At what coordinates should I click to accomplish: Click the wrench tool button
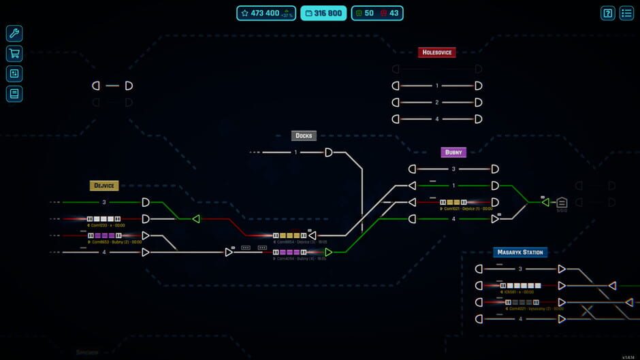tap(14, 33)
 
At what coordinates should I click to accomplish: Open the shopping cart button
tap(14, 54)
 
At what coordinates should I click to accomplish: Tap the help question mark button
tap(607, 13)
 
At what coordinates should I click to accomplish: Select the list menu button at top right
tap(626, 13)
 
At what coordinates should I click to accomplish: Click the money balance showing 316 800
tap(323, 13)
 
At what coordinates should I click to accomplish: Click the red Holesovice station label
tap(436, 52)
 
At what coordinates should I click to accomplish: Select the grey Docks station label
tap(304, 135)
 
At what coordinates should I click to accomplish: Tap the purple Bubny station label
tap(453, 152)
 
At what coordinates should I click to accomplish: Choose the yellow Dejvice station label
tap(104, 186)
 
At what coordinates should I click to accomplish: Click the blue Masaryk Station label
tap(520, 252)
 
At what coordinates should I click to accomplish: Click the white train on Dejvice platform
tap(103, 219)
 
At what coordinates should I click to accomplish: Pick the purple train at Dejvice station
tap(103, 235)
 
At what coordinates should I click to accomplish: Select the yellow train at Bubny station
tap(453, 202)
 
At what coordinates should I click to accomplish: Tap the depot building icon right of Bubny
tap(562, 202)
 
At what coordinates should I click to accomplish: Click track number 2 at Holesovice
tap(437, 103)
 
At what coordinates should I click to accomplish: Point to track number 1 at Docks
tap(296, 152)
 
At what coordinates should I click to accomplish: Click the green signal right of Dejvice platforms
tap(196, 219)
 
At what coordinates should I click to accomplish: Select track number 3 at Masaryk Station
tap(520, 269)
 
